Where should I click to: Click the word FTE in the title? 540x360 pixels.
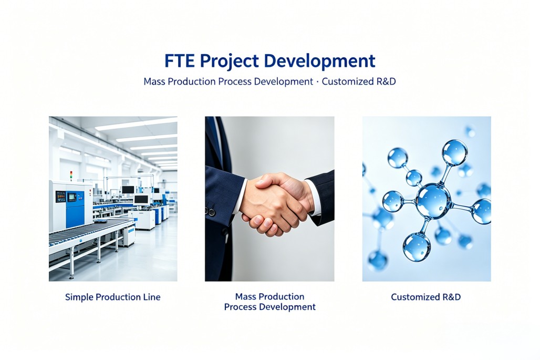point(180,60)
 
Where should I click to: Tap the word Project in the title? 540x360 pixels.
point(229,61)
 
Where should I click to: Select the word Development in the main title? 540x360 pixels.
point(319,61)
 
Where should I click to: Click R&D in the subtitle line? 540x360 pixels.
point(386,81)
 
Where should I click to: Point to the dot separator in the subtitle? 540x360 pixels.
point(317,82)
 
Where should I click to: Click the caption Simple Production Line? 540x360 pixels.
point(112,297)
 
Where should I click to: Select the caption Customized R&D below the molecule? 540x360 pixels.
point(425,297)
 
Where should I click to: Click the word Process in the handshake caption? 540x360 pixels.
point(240,307)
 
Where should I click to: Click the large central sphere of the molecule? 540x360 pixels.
point(433,201)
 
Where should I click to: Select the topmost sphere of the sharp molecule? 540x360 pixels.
point(454,152)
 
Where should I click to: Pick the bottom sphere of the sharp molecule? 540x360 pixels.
point(417,247)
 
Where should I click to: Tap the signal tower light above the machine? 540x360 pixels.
point(71,176)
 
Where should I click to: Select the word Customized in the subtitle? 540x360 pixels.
point(347,81)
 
